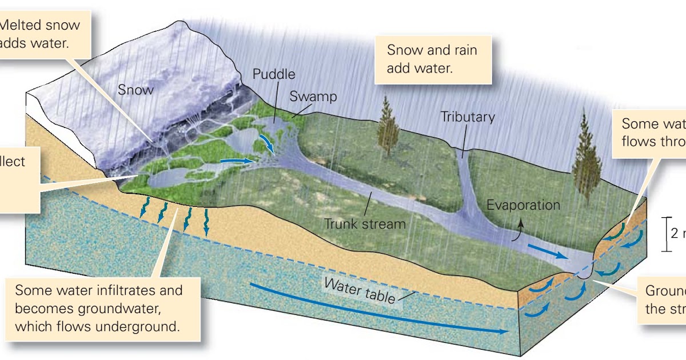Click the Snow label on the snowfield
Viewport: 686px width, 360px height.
tap(136, 90)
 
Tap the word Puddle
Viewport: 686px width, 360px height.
tap(274, 75)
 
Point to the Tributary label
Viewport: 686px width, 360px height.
tap(467, 117)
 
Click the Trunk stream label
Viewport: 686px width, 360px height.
tap(365, 223)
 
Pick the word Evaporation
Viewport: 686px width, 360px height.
tap(524, 205)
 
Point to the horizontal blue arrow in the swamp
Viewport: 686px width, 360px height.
tap(236, 162)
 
